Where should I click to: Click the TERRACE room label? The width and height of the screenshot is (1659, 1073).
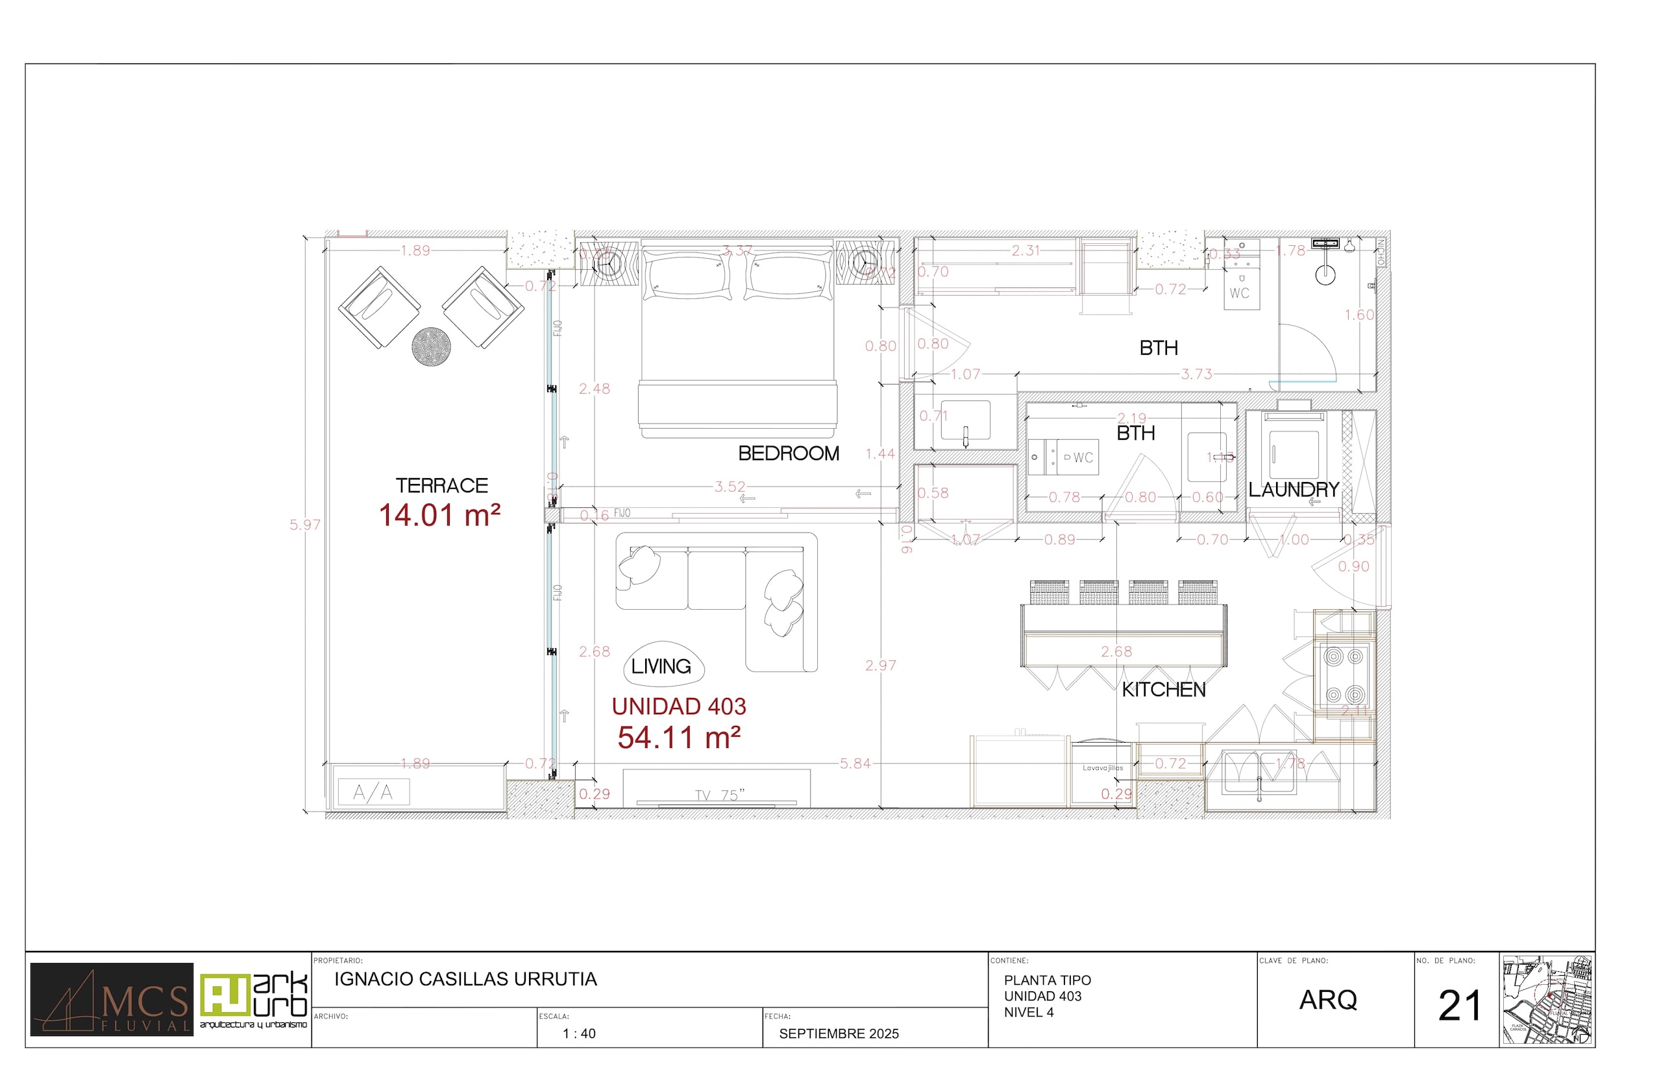(441, 486)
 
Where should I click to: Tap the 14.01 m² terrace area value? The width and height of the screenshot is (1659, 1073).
(439, 516)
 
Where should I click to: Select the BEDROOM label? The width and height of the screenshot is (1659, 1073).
(789, 453)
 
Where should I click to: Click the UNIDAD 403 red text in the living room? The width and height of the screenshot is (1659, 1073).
(679, 706)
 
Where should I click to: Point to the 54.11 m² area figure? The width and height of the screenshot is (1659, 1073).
(679, 738)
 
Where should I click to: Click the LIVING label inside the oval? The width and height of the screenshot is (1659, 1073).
(661, 667)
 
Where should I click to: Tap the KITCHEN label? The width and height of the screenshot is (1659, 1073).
(1163, 690)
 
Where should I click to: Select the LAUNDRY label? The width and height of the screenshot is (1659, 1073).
(1293, 490)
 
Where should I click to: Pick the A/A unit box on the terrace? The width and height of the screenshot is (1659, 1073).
(373, 792)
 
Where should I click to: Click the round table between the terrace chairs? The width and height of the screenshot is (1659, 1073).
(431, 346)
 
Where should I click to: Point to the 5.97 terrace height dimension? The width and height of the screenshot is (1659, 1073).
(305, 525)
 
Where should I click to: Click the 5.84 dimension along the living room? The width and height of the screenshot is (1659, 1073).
(855, 764)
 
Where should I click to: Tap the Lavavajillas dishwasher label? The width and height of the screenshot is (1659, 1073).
(1103, 768)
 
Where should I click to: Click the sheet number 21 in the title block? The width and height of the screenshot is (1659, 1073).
(1459, 1006)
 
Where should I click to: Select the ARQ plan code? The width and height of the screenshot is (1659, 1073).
(1328, 1000)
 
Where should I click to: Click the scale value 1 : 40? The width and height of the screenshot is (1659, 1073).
(578, 1034)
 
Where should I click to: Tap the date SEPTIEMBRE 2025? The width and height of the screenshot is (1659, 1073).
(839, 1034)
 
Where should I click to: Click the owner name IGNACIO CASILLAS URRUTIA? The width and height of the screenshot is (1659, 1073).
(465, 980)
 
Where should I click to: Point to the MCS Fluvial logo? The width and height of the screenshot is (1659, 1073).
(112, 1000)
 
